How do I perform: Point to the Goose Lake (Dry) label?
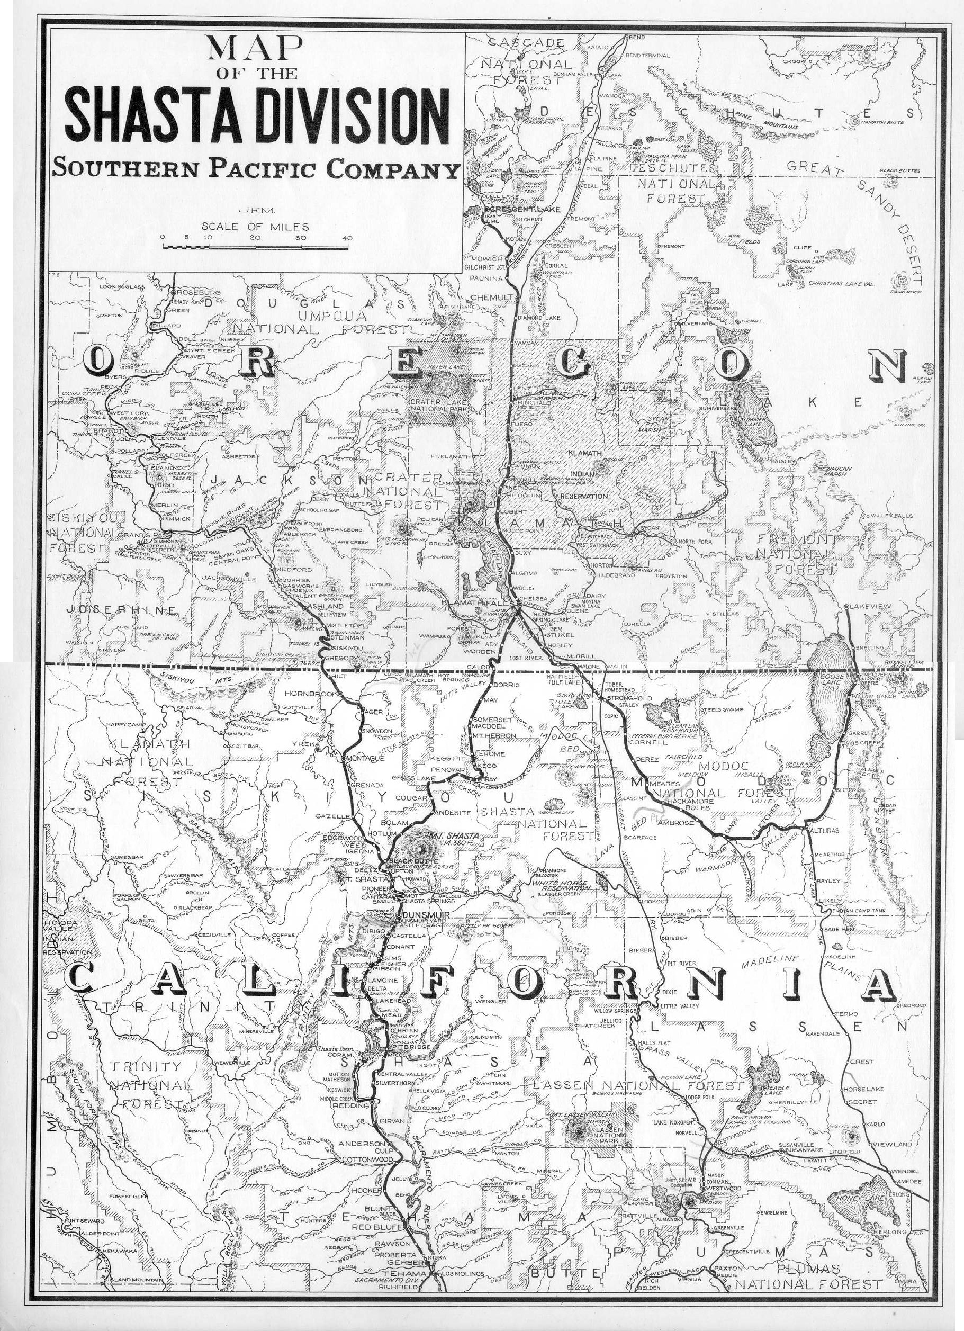832,685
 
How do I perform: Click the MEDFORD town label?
293,569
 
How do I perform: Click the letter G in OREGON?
586,366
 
